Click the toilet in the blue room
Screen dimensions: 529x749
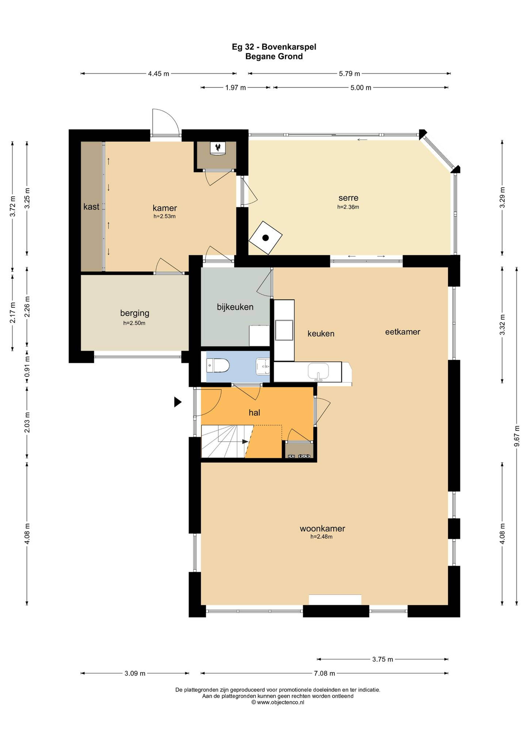218,366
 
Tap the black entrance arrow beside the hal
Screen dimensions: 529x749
178,402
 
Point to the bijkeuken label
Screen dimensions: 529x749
235,307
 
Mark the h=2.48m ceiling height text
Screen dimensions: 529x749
321,537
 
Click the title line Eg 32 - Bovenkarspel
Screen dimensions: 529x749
274,47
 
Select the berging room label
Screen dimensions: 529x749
135,313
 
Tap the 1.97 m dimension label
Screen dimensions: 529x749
235,87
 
